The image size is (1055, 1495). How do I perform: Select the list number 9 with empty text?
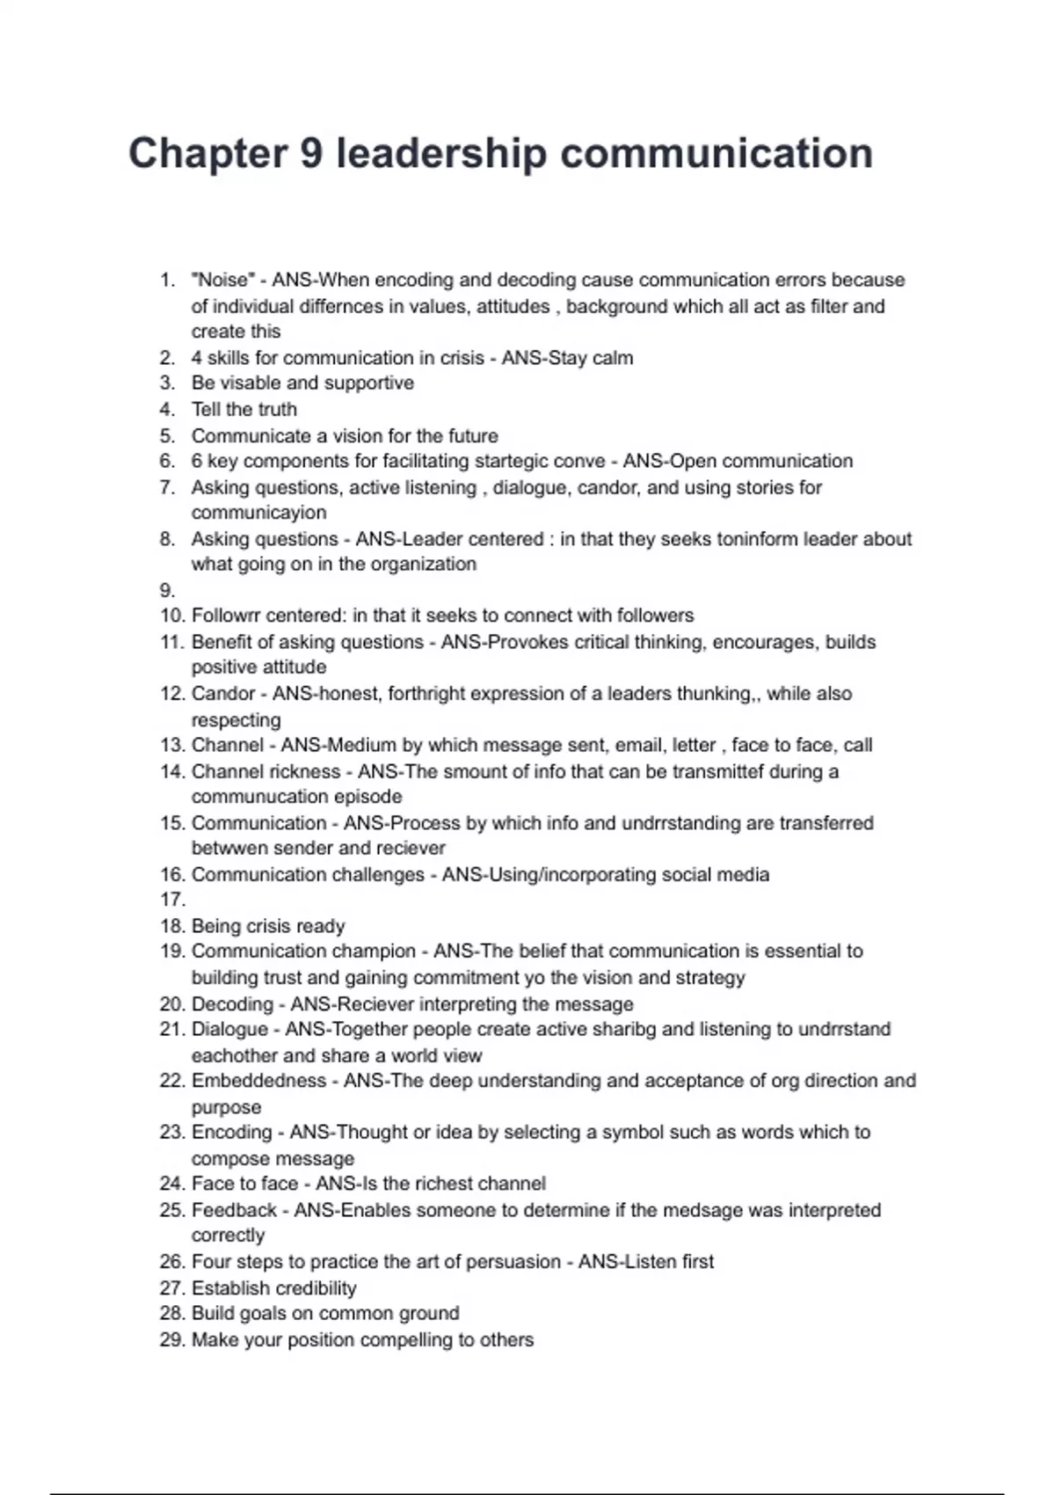(167, 590)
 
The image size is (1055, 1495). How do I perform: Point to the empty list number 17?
(171, 900)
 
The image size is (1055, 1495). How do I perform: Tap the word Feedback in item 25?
(234, 1210)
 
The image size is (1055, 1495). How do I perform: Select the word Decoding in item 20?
(232, 1004)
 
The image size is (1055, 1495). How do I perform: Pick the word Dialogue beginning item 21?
(229, 1029)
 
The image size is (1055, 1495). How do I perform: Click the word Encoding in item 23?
(231, 1133)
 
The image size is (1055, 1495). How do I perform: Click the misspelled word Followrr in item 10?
(226, 616)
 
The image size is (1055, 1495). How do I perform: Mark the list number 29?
(171, 1340)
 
